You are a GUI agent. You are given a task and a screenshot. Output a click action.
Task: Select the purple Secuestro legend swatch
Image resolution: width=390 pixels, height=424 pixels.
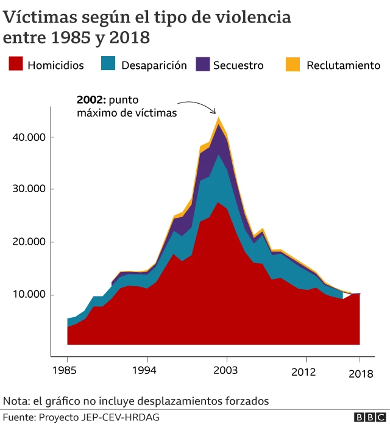202,64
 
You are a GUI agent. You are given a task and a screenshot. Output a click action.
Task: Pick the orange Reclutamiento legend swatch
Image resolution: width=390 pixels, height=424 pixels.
292,64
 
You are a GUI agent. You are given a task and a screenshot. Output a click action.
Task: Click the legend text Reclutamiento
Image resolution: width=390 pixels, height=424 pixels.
343,65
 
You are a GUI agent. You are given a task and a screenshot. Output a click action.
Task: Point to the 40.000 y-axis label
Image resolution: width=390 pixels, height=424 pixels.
29,137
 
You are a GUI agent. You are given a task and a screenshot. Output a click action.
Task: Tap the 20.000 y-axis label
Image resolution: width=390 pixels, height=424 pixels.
29,242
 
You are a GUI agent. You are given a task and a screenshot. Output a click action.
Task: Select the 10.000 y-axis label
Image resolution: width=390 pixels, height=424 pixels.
29,295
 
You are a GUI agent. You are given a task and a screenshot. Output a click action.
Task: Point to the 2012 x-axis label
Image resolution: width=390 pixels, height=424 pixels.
306,370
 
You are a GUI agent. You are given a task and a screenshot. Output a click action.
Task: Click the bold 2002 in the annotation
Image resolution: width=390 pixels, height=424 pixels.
90,100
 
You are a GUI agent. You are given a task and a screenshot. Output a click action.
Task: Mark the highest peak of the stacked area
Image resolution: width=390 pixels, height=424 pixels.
218,118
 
